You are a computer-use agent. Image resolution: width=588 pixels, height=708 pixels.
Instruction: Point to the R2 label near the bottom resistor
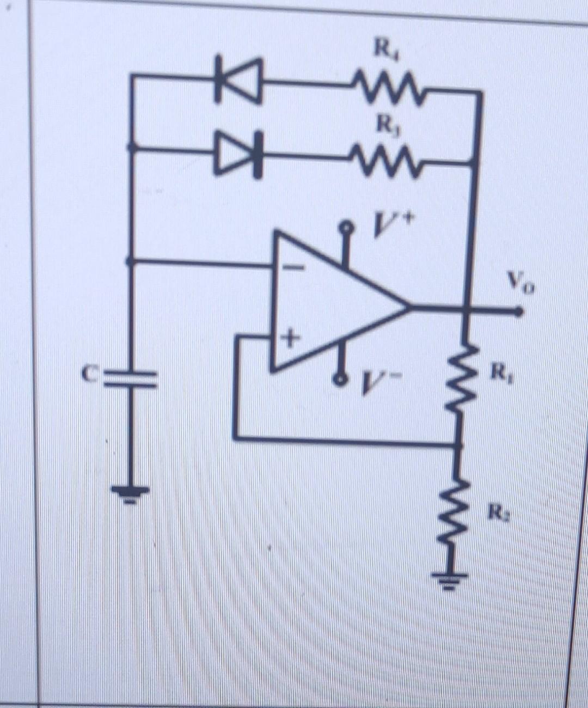pos(496,512)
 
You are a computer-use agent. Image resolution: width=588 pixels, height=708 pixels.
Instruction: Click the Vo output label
pos(522,283)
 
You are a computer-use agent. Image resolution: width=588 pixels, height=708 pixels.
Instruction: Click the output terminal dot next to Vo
pos(519,312)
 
